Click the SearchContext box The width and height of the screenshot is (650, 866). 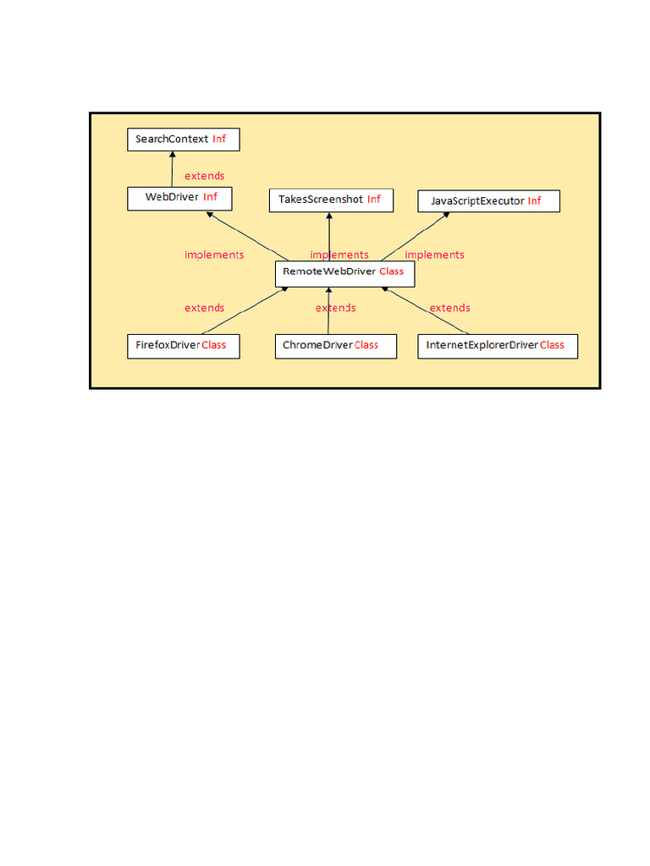tap(183, 140)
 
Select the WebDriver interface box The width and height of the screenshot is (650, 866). tap(179, 198)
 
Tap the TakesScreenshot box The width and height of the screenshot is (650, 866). tap(330, 200)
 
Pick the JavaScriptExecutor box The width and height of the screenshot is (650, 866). tap(488, 201)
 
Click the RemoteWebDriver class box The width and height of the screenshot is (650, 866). tap(344, 272)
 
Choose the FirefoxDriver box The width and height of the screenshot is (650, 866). tap(183, 346)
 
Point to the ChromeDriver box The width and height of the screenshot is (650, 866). tap(336, 346)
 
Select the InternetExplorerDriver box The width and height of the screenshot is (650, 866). tap(497, 346)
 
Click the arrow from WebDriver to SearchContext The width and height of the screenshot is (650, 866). tap(173, 169)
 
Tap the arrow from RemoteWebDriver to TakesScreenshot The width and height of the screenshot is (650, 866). tap(329, 237)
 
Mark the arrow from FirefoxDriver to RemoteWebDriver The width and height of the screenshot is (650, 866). tap(245, 310)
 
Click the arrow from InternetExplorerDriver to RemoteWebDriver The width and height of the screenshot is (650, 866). tap(426, 310)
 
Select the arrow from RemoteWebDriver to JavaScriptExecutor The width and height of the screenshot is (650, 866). tap(415, 236)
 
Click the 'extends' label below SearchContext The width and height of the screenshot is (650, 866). tap(205, 176)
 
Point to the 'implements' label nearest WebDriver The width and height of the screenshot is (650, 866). tap(214, 255)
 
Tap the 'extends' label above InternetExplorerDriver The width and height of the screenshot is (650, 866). tap(449, 308)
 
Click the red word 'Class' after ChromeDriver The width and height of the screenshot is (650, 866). tap(366, 345)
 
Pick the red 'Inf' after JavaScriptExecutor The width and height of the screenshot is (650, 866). tap(534, 201)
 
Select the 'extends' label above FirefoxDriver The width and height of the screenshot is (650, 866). tap(205, 308)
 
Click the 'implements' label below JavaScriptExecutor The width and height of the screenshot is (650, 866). tap(434, 255)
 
